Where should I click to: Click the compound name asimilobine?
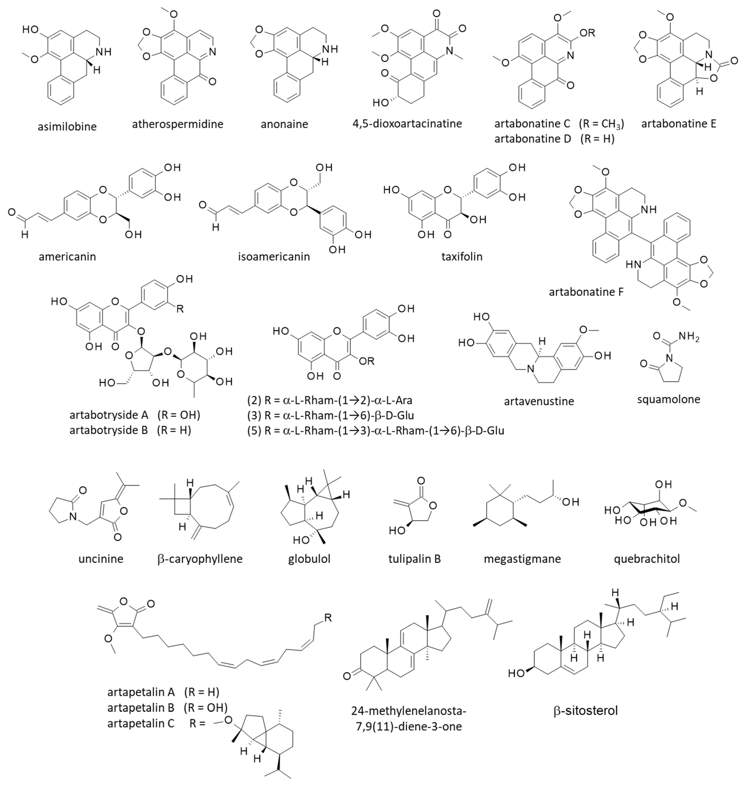click(67, 127)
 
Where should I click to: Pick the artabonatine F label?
click(586, 292)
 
